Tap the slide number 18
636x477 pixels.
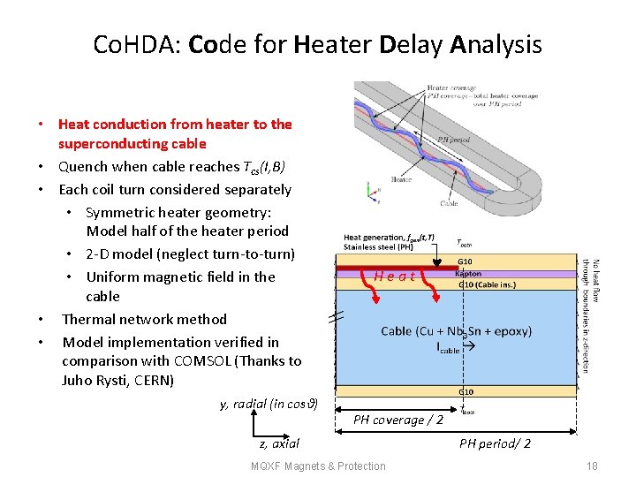click(592, 466)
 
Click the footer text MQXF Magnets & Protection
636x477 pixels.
click(318, 466)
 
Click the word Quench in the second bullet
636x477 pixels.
click(84, 166)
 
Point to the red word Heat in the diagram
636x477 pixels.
click(394, 276)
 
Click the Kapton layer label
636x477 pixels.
click(468, 274)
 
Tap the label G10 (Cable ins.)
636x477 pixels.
click(485, 284)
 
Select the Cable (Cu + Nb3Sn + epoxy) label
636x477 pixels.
click(456, 331)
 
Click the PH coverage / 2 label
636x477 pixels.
click(398, 420)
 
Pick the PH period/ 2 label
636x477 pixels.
click(495, 443)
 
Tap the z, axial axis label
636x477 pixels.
click(279, 443)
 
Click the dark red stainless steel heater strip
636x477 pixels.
click(397, 266)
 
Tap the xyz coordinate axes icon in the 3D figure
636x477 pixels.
click(371, 188)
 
